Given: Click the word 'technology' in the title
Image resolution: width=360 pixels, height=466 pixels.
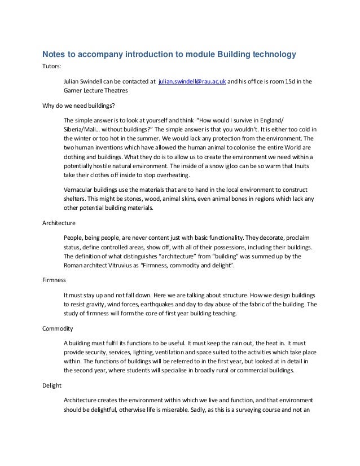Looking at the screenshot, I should (268, 55).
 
